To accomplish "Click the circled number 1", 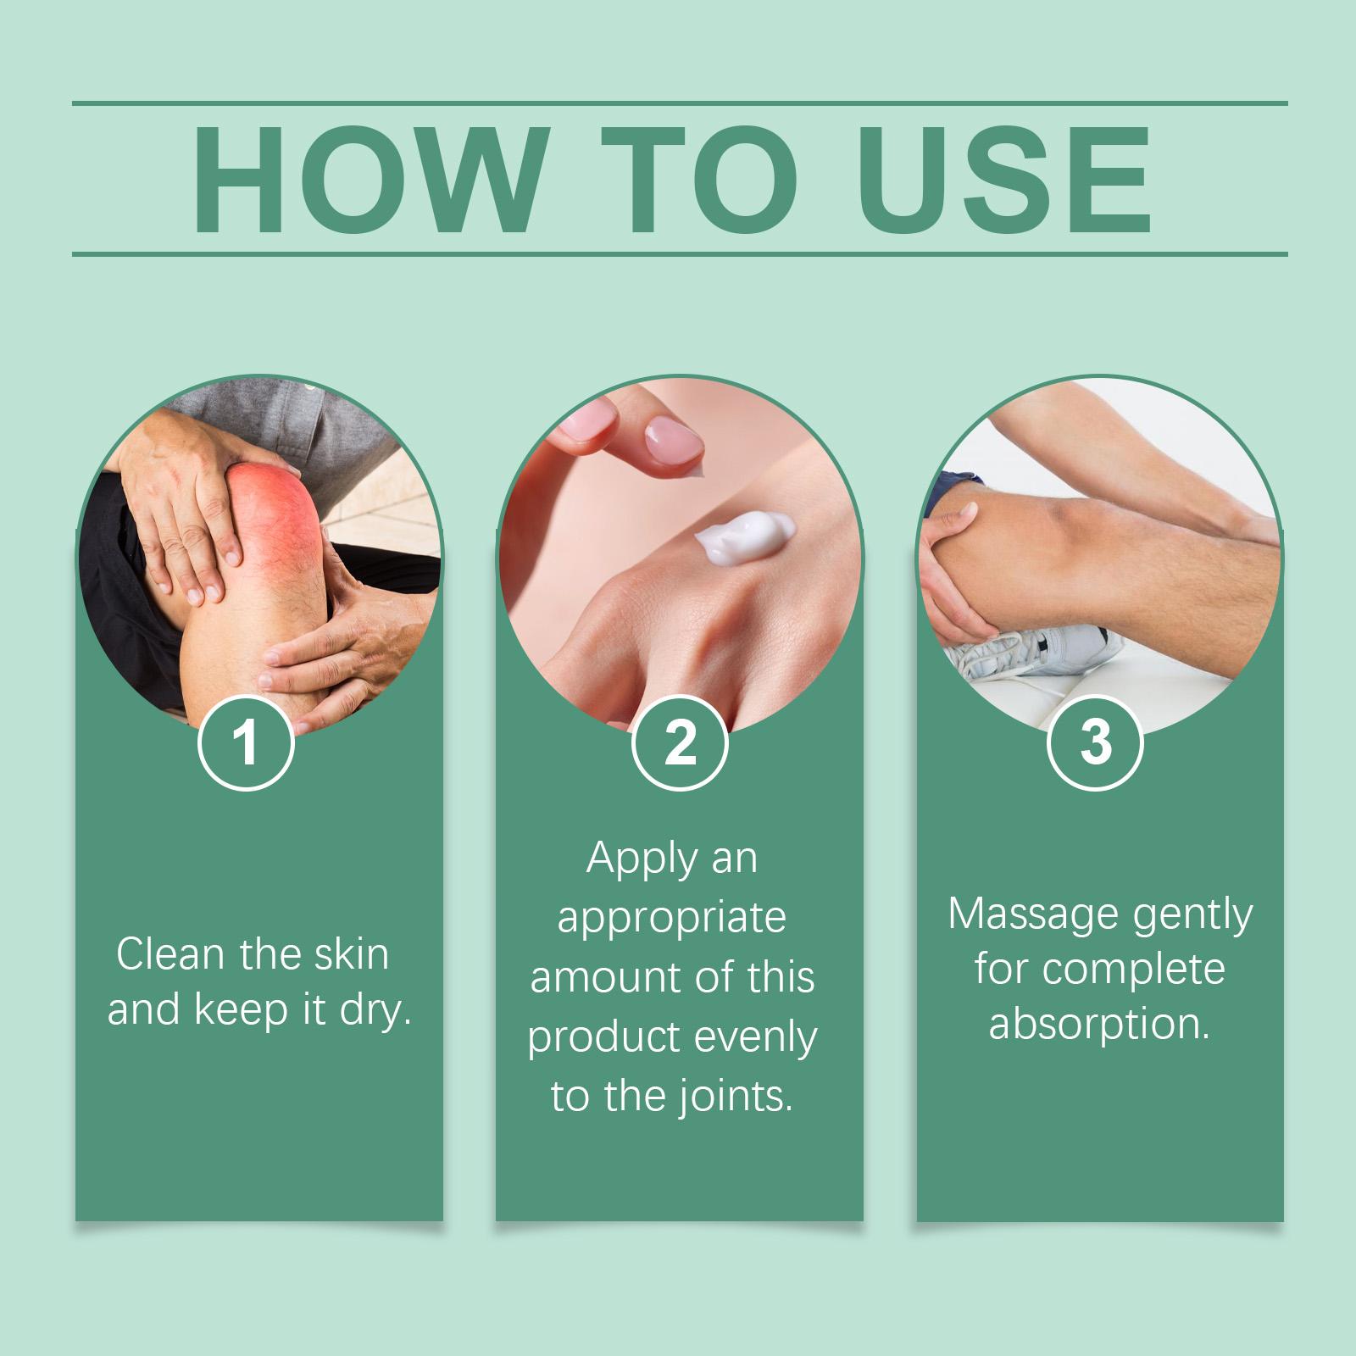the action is (246, 742).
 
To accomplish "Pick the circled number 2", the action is (680, 742).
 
